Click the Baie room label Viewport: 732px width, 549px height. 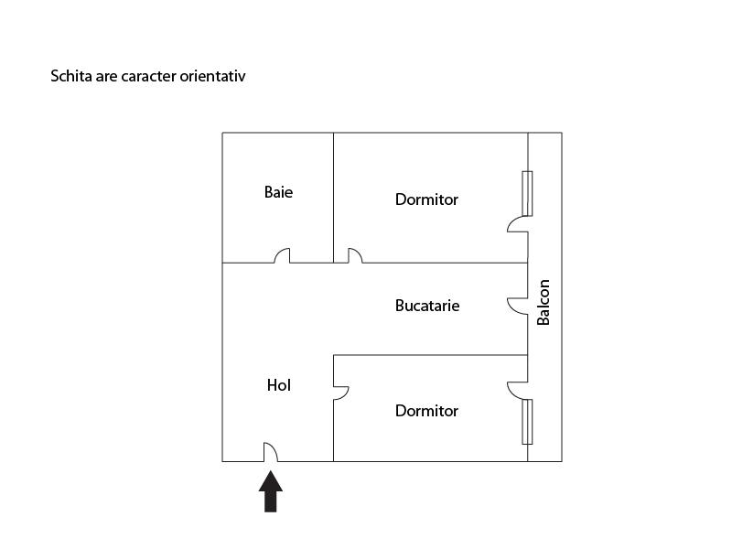pyautogui.click(x=278, y=192)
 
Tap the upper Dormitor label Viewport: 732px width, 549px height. pyautogui.click(x=426, y=199)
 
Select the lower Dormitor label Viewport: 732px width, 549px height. pyautogui.click(x=426, y=411)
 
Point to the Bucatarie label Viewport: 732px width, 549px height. pyautogui.click(x=427, y=306)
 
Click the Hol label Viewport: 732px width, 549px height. pyautogui.click(x=278, y=385)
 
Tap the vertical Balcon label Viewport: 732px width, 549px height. pyautogui.click(x=544, y=302)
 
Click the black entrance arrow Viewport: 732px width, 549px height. pyautogui.click(x=271, y=491)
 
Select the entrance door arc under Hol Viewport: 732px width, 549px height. pyautogui.click(x=271, y=452)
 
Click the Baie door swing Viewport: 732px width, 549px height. pyautogui.click(x=282, y=256)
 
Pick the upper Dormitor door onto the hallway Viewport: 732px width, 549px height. pyautogui.click(x=354, y=256)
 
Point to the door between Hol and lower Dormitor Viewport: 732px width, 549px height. pyautogui.click(x=341, y=393)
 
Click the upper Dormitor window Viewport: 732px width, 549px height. pyautogui.click(x=527, y=193)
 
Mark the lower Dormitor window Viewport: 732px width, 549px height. pyautogui.click(x=527, y=422)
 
